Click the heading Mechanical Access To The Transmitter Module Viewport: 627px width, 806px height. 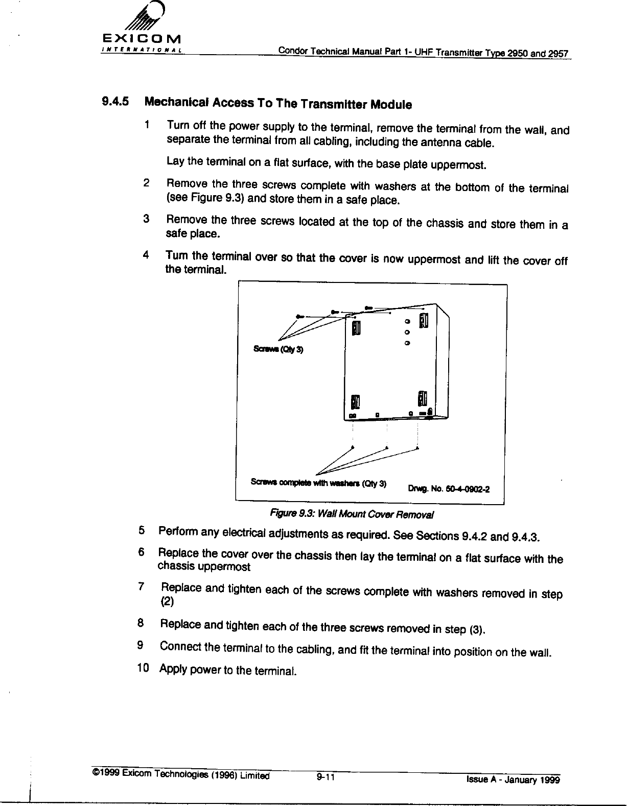coord(278,103)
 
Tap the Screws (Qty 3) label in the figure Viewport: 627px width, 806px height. coord(278,350)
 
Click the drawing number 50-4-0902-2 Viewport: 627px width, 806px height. coord(448,488)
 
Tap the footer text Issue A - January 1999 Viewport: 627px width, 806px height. coord(513,779)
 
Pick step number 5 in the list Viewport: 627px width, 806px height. coord(142,531)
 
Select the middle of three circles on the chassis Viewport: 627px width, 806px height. coord(407,333)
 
